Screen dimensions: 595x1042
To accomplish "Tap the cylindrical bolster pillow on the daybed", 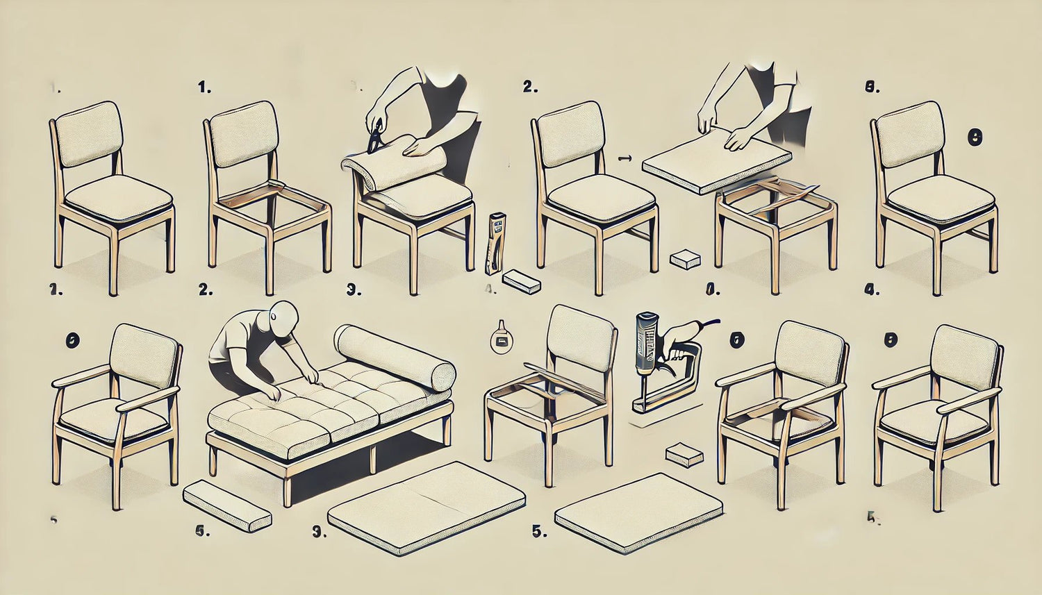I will point(395,357).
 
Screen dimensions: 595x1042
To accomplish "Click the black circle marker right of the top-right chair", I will point(974,138).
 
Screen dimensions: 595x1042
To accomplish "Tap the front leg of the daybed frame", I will point(286,486).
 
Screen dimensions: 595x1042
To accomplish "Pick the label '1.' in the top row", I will point(204,87).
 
